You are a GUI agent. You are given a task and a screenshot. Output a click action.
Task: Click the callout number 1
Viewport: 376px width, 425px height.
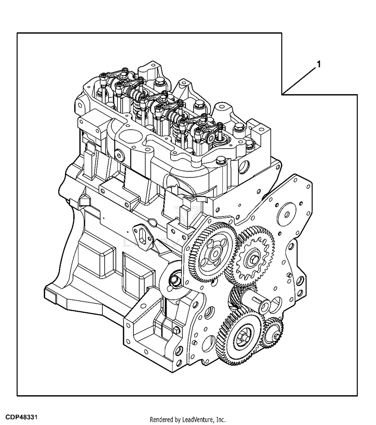(x=319, y=64)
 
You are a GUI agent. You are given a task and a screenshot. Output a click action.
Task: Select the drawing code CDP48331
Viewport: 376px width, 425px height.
(x=22, y=417)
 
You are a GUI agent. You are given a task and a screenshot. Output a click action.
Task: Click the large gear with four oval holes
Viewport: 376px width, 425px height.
(x=213, y=252)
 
